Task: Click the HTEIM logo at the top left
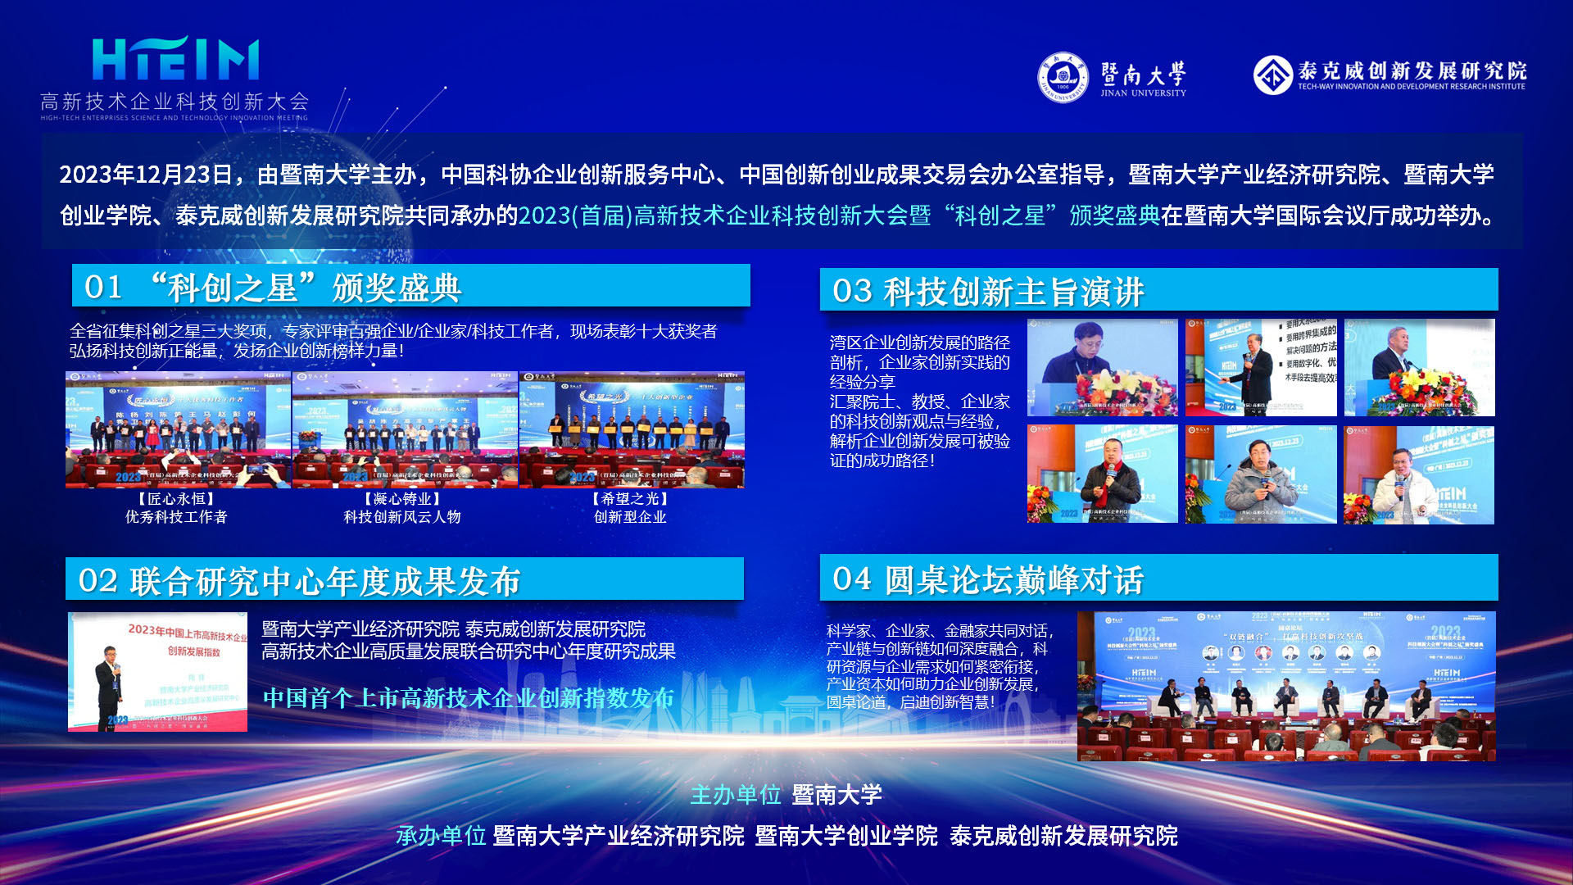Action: (x=175, y=60)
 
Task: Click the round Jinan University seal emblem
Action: (x=1063, y=78)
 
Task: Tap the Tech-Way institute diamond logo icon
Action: (x=1272, y=75)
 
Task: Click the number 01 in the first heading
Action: (x=103, y=287)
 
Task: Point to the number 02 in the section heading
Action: (x=98, y=581)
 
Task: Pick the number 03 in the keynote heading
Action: (x=852, y=291)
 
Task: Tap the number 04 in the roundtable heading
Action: (x=852, y=579)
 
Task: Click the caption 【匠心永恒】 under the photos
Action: (x=176, y=498)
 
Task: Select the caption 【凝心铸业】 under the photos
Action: (x=402, y=498)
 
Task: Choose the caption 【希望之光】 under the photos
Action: (x=630, y=498)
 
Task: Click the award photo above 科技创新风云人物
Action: (x=405, y=429)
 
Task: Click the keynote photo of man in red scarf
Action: (x=1102, y=474)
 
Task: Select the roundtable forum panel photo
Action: (x=1285, y=686)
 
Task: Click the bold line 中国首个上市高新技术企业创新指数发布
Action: (x=469, y=698)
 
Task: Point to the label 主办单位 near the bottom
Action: (x=735, y=795)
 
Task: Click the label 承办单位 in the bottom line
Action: (x=441, y=836)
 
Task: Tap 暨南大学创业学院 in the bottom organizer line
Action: (x=846, y=836)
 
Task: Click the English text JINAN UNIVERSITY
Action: (x=1143, y=93)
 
